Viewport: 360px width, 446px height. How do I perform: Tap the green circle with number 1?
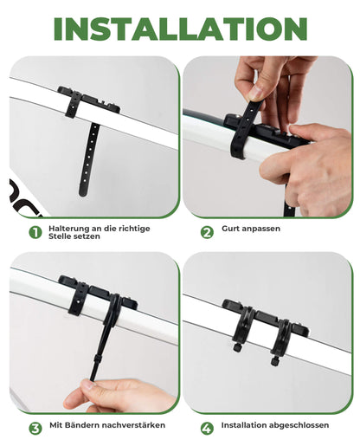(35, 232)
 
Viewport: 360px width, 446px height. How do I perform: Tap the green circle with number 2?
(207, 232)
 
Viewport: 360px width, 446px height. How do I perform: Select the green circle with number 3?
(35, 427)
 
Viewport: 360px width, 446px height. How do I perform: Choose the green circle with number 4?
(207, 427)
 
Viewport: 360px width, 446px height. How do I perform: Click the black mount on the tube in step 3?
(97, 295)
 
